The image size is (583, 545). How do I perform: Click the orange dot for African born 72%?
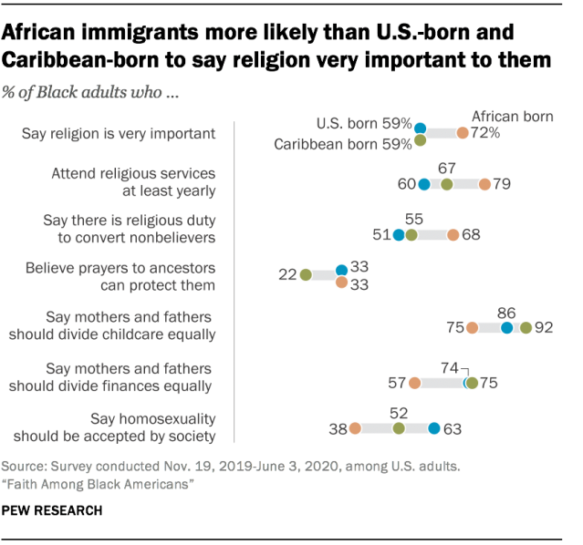463,133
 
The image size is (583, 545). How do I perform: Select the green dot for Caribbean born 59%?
421,141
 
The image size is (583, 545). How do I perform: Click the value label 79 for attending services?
502,185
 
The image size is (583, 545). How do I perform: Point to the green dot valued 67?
446,185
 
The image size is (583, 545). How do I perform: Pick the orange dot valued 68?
453,235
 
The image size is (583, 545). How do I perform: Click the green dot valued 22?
306,274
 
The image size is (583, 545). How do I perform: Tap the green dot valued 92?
526,327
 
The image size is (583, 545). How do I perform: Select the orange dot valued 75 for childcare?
472,327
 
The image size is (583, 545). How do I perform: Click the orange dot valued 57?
415,384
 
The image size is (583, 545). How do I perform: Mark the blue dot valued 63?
434,428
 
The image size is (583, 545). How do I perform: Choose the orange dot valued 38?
354,428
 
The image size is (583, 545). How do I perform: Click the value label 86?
506,311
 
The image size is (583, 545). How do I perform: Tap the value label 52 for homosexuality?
399,411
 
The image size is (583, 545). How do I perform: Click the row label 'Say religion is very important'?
119,133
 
